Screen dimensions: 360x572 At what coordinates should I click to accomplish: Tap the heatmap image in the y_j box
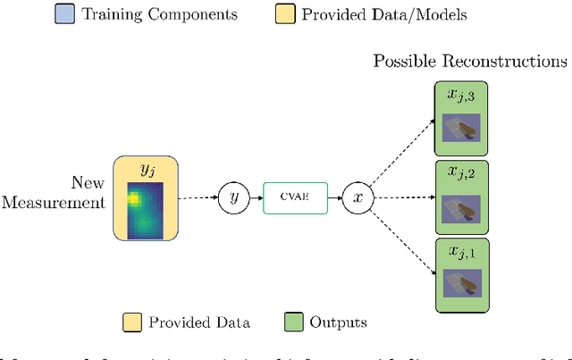coord(146,211)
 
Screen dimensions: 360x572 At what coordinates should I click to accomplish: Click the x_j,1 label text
coord(465,254)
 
